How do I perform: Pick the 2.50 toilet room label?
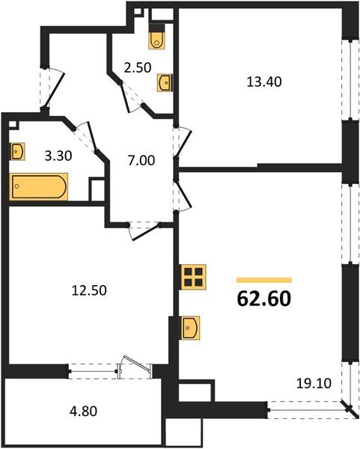pyautogui.click(x=137, y=68)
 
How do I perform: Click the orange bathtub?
pyautogui.click(x=39, y=186)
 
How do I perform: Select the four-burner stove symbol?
pyautogui.click(x=194, y=276)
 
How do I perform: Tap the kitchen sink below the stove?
pyautogui.click(x=192, y=327)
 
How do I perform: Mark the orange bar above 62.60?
pyautogui.click(x=263, y=279)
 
